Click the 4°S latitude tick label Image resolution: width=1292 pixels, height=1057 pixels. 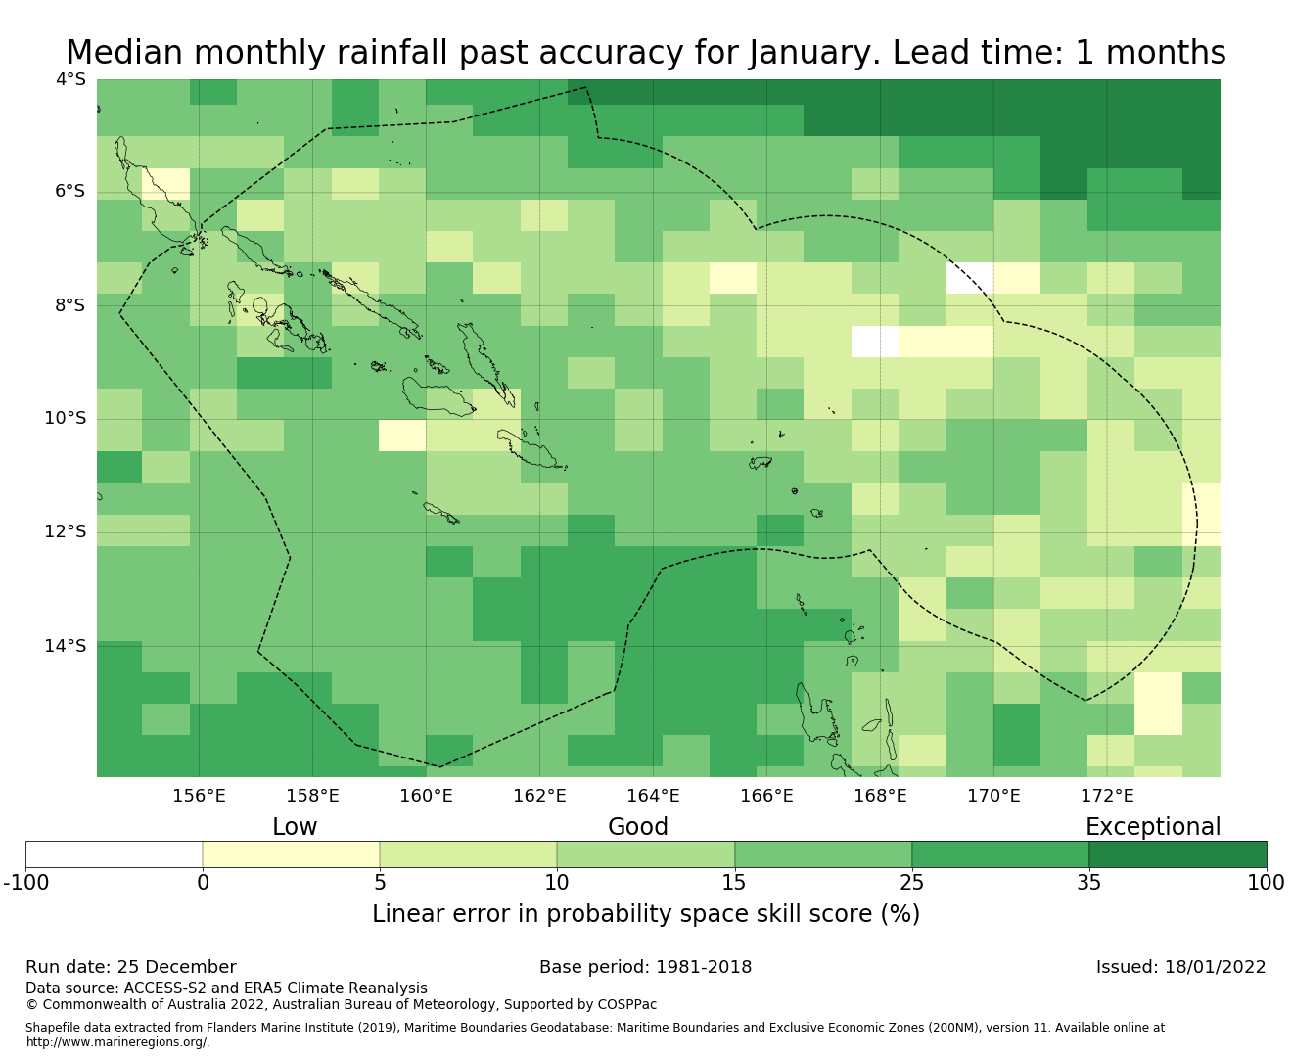point(69,79)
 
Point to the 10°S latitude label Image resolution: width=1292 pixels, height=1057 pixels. point(65,419)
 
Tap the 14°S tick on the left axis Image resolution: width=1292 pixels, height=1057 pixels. point(65,646)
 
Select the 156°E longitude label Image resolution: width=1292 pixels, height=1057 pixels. point(199,796)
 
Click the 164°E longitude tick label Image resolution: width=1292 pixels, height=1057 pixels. point(653,796)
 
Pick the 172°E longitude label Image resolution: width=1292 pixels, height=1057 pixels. point(1107,796)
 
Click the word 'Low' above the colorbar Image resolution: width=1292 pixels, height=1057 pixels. point(295,827)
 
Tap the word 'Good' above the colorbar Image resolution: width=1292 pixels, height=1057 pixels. point(638,827)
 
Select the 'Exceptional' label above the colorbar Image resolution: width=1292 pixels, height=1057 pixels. point(1153,827)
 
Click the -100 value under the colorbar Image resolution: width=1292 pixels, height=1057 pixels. point(26,883)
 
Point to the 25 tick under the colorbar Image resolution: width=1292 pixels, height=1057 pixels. point(911,883)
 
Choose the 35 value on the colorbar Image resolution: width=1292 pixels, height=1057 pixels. point(1089,883)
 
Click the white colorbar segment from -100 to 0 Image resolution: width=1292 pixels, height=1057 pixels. point(114,854)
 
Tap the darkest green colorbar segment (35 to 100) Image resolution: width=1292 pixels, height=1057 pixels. point(1177,854)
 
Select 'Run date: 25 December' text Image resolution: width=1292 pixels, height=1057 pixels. point(131,967)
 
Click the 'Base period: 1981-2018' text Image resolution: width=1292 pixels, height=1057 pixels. point(646,967)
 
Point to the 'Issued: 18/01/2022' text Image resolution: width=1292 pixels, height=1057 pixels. point(1180,967)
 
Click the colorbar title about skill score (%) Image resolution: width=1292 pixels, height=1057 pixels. point(646,914)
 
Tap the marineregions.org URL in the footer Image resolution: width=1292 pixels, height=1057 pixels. point(117,1042)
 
